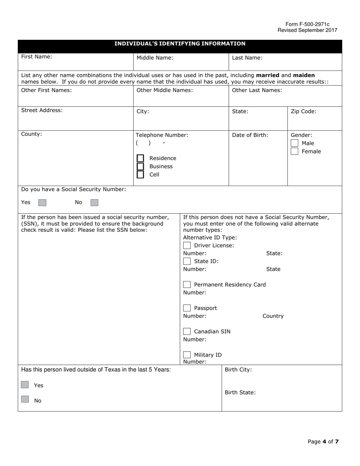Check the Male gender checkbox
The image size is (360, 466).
click(x=294, y=143)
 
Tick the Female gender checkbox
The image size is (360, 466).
click(x=294, y=152)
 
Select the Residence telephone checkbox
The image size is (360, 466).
click(x=140, y=158)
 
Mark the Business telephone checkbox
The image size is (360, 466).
click(x=140, y=166)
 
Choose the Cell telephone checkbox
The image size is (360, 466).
click(x=140, y=175)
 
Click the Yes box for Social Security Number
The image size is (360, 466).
click(x=42, y=203)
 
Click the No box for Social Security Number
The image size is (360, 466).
click(x=94, y=203)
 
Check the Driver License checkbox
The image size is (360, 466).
click(x=187, y=246)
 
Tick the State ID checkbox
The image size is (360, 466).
click(x=187, y=261)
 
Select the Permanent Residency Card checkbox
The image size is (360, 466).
click(x=187, y=285)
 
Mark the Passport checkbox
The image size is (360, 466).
click(x=187, y=308)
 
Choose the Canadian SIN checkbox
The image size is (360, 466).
click(x=187, y=332)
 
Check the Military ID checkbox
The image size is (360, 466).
click(x=187, y=355)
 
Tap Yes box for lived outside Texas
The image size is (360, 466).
click(x=25, y=385)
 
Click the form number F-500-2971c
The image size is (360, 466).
click(x=307, y=24)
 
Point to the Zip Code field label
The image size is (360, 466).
click(x=303, y=111)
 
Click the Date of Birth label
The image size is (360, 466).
click(x=250, y=135)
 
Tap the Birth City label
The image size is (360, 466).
click(x=238, y=370)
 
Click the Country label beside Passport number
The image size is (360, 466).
click(x=273, y=316)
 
